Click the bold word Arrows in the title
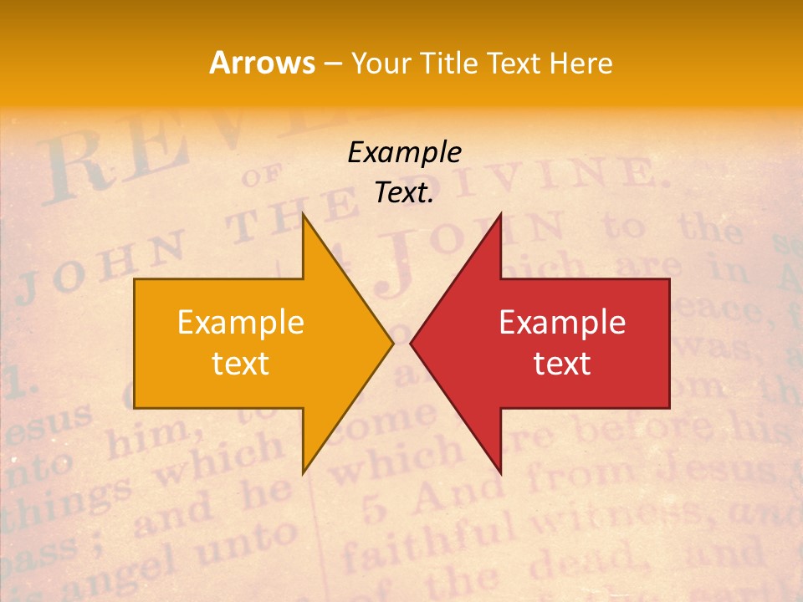pyautogui.click(x=262, y=63)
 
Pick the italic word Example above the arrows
pyautogui.click(x=404, y=152)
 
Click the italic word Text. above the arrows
pyautogui.click(x=404, y=192)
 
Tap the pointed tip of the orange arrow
pyautogui.click(x=392, y=343)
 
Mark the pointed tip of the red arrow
pyautogui.click(x=411, y=343)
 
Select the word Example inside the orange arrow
pyautogui.click(x=241, y=322)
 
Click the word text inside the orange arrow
pyautogui.click(x=241, y=363)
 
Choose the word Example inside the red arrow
pyautogui.click(x=562, y=322)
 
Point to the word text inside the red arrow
pyautogui.click(x=562, y=363)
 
